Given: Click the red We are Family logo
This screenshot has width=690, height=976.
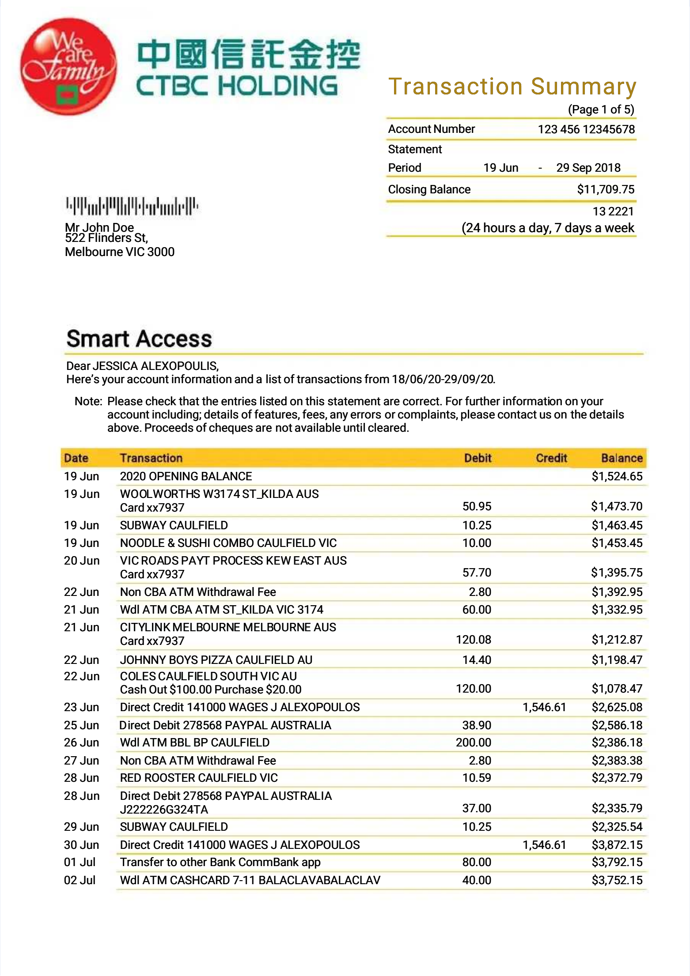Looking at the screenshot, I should tap(68, 66).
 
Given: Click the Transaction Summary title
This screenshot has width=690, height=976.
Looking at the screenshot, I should tap(512, 87).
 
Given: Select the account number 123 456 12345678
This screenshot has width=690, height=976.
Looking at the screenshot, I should tap(586, 129).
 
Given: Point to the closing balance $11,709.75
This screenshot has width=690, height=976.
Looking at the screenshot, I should tap(605, 189).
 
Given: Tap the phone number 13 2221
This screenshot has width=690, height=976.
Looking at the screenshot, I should tap(613, 211).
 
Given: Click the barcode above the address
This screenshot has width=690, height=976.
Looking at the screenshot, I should tap(132, 206).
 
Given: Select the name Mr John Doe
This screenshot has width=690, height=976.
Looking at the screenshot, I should tap(99, 227).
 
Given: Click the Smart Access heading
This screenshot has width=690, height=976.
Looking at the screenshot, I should tap(139, 339).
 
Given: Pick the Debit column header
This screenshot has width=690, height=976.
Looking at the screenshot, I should tap(478, 458).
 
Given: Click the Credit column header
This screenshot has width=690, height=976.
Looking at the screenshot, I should tap(551, 458).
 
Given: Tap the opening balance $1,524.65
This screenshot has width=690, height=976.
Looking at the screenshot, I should tap(617, 476).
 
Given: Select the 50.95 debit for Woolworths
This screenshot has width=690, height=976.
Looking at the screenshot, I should tap(477, 506).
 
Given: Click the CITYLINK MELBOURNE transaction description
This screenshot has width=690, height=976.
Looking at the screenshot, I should tap(228, 627).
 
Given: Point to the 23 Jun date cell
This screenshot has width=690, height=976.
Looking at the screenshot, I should tap(81, 707).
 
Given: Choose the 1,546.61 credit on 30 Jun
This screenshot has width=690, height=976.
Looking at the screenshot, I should tap(544, 845).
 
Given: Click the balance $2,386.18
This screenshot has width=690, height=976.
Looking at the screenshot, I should tap(617, 742).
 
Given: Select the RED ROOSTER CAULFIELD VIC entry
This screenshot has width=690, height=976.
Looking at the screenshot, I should tap(199, 778).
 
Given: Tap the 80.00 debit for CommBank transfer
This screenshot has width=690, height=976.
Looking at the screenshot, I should tap(477, 862).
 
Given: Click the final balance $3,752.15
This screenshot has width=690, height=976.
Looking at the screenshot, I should tap(617, 880).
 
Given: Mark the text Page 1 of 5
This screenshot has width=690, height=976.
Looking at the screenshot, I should tap(601, 109).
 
